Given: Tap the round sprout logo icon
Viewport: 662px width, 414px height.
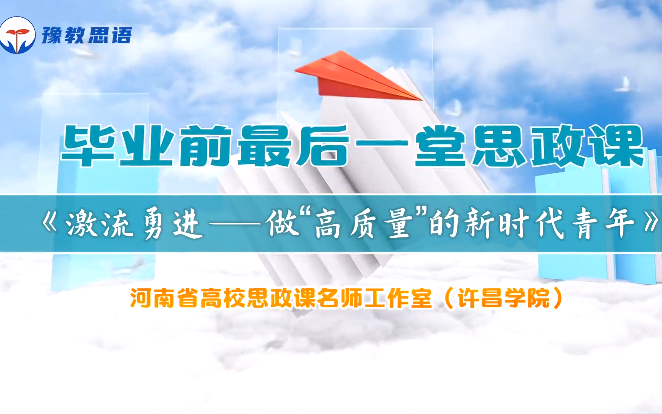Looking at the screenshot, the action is pyautogui.click(x=17, y=35).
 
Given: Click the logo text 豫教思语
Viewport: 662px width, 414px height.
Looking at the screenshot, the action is pyautogui.click(x=87, y=35).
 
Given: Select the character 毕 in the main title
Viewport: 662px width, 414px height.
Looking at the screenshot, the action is pyautogui.click(x=88, y=145).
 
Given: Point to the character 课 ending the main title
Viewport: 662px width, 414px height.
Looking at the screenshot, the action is pyautogui.click(x=617, y=145).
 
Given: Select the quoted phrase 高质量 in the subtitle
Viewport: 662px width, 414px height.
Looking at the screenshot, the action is pyautogui.click(x=364, y=224).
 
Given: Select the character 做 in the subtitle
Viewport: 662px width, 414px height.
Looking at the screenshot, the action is pyautogui.click(x=282, y=224).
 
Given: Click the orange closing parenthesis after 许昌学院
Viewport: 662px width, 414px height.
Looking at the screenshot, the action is pyautogui.click(x=558, y=298).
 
